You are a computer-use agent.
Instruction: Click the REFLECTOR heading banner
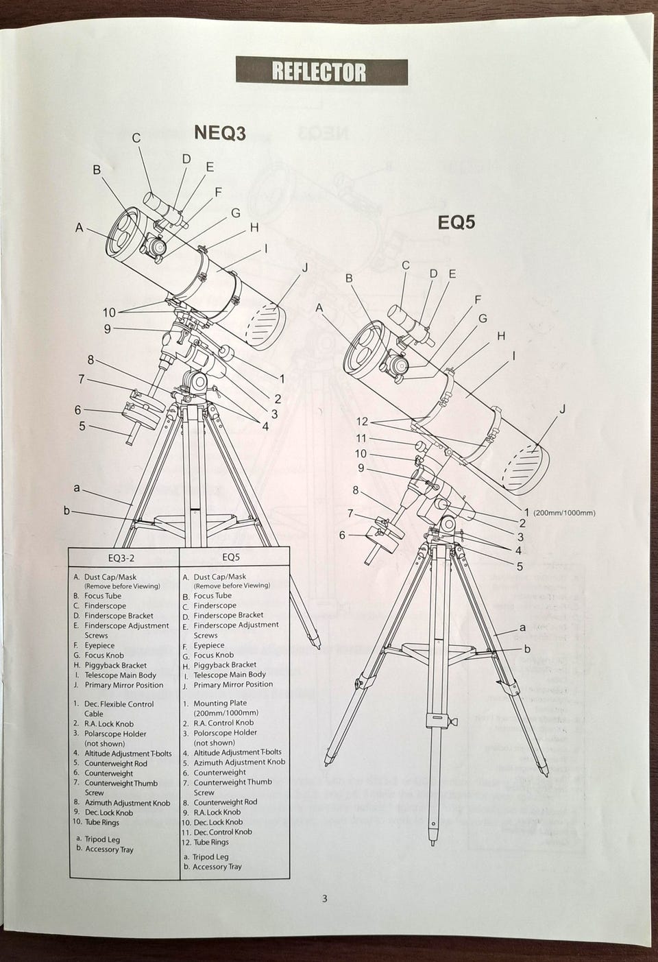click(321, 72)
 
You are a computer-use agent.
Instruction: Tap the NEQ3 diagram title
click(219, 133)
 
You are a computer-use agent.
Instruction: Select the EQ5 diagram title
click(456, 222)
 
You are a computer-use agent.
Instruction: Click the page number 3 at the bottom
click(324, 899)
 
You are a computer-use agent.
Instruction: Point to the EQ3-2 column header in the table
click(124, 557)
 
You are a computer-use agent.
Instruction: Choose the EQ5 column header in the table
click(231, 557)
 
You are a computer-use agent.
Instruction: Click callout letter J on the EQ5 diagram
click(563, 409)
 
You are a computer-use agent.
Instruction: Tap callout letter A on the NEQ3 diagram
click(80, 228)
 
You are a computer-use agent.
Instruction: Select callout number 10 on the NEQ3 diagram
click(109, 313)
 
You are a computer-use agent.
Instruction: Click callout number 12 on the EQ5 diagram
click(361, 421)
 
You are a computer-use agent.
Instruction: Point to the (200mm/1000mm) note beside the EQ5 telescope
click(564, 513)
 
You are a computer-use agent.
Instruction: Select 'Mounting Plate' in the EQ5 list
click(220, 704)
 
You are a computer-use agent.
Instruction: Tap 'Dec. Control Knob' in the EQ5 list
click(222, 832)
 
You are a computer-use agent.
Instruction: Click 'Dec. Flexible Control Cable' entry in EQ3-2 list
click(119, 704)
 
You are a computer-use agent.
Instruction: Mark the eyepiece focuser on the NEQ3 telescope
click(157, 245)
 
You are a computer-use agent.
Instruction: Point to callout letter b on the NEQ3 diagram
click(66, 510)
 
